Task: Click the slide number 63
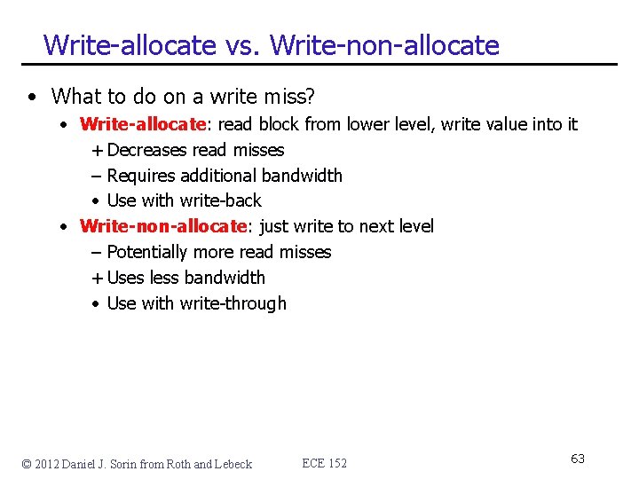(578, 459)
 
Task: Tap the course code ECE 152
(325, 463)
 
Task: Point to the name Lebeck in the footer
(234, 464)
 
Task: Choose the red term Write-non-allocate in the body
(162, 226)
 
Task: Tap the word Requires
(142, 176)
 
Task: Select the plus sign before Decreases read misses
(97, 150)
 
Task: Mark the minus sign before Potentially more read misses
(97, 252)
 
